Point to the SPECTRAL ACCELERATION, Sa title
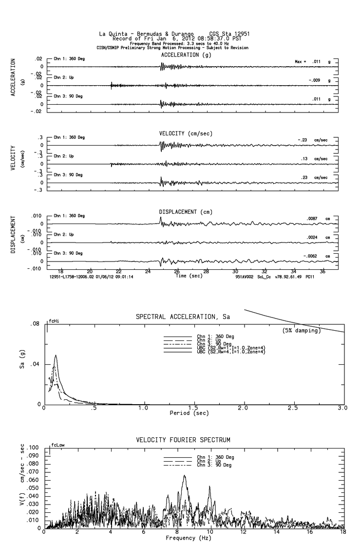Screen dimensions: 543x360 click(184, 318)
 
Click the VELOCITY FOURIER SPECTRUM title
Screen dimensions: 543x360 click(184, 440)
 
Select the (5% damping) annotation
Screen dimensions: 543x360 click(301, 331)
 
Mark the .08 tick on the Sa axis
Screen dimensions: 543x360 click(35, 323)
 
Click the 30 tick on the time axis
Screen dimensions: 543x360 click(235, 272)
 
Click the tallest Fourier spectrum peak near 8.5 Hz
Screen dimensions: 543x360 click(185, 476)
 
